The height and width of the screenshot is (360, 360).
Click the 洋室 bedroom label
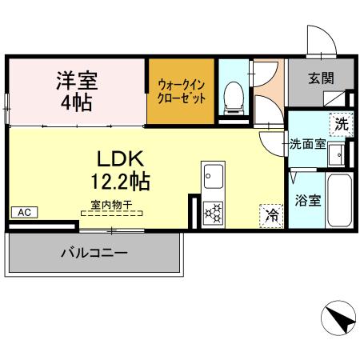[76, 80]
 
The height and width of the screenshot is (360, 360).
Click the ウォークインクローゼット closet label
[181, 92]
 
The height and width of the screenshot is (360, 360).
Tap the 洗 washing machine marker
[341, 124]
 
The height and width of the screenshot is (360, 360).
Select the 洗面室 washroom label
[307, 146]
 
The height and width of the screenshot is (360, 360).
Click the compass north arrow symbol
[339, 320]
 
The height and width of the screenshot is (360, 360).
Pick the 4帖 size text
[76, 102]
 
